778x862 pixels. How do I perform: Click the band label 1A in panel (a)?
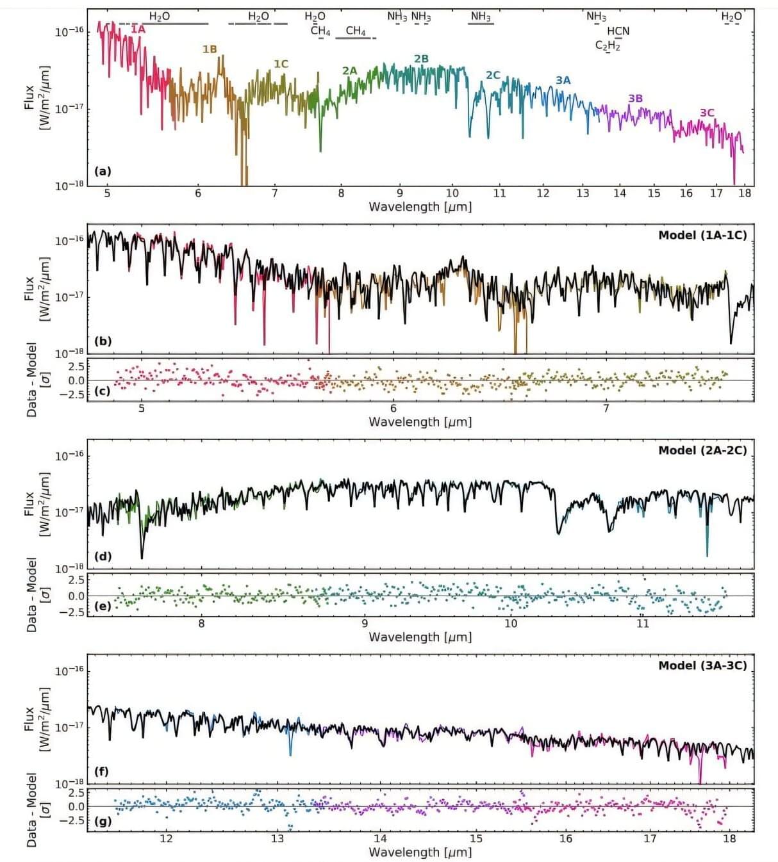coord(138,29)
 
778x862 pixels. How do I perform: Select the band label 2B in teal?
coord(421,59)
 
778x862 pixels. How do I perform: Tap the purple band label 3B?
coord(635,98)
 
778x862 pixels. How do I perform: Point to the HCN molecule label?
coord(618,31)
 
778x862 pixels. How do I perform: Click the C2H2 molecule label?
coord(608,45)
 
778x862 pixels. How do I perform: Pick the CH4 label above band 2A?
coord(356,31)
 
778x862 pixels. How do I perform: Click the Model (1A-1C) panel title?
coord(702,235)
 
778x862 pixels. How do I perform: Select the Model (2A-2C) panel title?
coord(702,450)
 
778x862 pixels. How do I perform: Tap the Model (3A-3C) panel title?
coord(702,665)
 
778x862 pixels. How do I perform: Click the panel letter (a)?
coord(103,171)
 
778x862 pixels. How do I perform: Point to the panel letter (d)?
coord(103,556)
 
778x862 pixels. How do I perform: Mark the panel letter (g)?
coord(103,821)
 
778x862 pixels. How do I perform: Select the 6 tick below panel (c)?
coord(393,408)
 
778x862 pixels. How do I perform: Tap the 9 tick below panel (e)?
coord(365,623)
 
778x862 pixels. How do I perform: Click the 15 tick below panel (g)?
coord(476,838)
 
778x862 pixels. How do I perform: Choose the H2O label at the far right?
coord(731,17)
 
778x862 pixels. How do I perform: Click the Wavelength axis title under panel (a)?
coord(420,207)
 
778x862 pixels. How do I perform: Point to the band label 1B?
coord(210,49)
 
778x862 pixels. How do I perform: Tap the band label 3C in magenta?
coord(706,113)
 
